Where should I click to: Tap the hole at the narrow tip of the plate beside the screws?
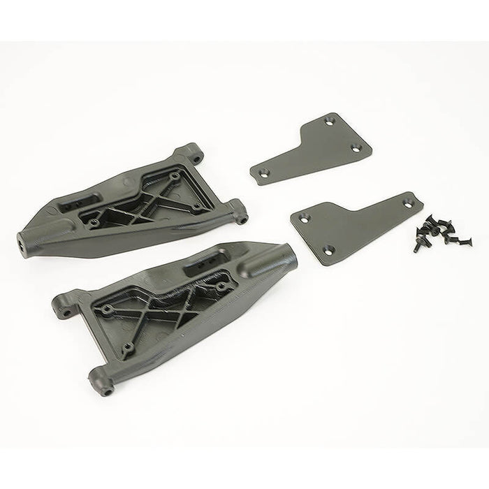410,203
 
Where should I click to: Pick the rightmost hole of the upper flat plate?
356,147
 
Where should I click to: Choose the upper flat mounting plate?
311,149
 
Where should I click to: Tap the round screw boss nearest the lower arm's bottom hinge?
127,347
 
